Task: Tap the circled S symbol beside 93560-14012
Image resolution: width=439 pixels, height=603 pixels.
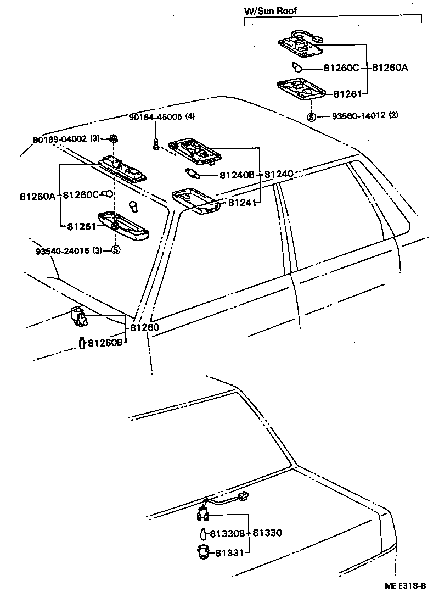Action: click(311, 116)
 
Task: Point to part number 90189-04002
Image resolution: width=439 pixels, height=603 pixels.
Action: click(60, 139)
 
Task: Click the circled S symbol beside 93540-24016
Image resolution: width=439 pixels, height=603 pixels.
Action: click(116, 250)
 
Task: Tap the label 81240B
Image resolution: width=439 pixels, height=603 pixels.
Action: click(237, 175)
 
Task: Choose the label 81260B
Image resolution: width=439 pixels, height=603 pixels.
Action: click(105, 343)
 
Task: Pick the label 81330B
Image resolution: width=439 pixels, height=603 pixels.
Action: click(227, 533)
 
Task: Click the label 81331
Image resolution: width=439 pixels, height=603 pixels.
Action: click(230, 552)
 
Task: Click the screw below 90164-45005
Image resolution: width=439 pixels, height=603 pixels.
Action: click(156, 144)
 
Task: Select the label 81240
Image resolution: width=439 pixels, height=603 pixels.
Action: click(280, 175)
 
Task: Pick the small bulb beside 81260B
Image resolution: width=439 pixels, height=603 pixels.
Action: click(81, 343)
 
